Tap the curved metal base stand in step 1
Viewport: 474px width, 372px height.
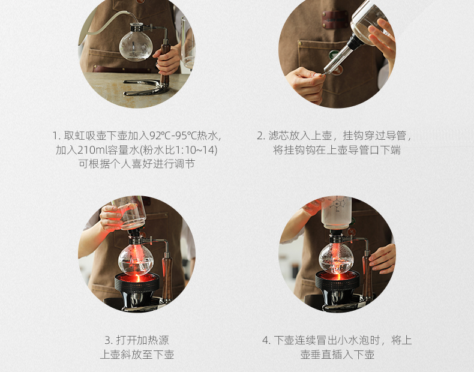[146, 88]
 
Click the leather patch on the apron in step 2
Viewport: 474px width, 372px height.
[335, 19]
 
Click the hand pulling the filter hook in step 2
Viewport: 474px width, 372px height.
[305, 84]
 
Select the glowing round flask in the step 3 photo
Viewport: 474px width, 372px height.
[136, 259]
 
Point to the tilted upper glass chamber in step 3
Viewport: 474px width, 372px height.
[129, 212]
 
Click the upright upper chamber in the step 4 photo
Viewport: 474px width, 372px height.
[336, 212]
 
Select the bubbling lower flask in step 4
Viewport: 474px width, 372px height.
[337, 258]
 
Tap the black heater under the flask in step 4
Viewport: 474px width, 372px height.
[338, 289]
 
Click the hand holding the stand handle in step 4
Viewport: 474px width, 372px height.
[382, 259]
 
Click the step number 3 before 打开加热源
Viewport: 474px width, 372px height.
[108, 341]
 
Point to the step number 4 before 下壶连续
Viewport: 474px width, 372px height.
[266, 341]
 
